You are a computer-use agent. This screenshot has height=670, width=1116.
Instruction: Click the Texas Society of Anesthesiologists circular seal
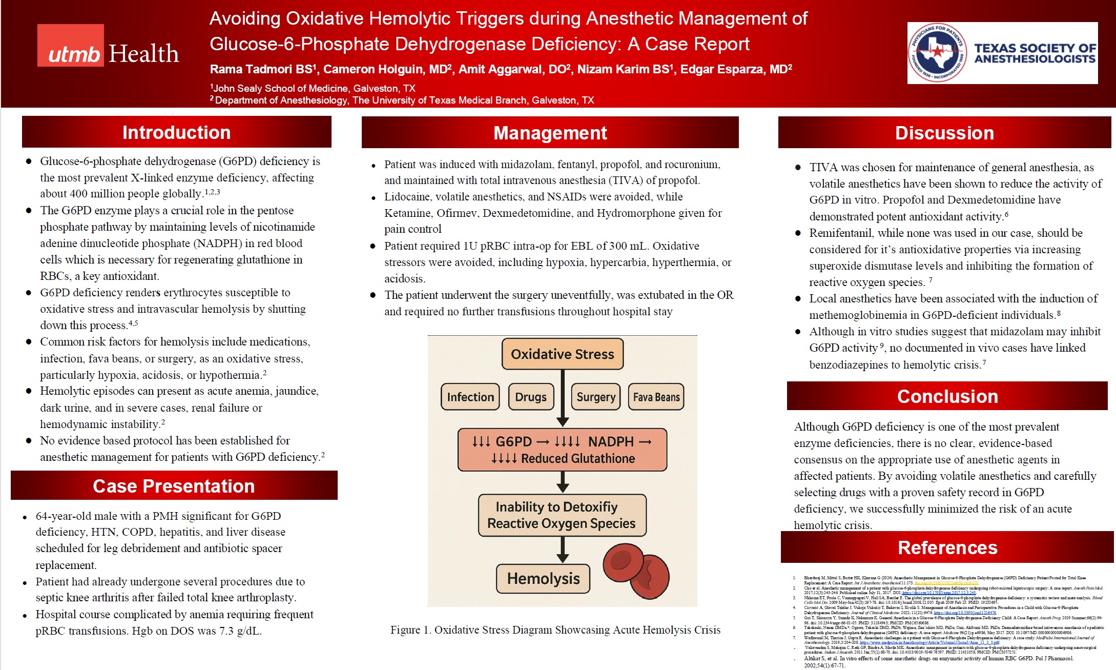937,53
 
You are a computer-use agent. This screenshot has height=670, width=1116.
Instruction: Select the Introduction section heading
176,132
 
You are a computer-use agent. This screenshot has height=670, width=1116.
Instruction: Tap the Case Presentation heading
174,485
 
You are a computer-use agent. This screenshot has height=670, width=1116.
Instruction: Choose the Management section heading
550,133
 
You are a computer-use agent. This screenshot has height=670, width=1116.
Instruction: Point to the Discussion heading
944,133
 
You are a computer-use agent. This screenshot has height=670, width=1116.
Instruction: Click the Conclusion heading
947,396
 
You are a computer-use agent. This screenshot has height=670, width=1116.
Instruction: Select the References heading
947,547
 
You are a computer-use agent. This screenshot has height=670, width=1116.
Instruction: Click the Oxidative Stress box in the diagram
562,354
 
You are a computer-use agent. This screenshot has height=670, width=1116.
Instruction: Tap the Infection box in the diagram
470,397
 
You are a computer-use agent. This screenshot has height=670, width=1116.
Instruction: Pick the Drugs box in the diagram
531,397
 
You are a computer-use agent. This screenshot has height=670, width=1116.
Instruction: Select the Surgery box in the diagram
595,397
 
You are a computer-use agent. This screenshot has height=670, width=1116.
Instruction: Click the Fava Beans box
656,397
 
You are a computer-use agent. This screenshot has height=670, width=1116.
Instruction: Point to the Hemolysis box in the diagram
543,578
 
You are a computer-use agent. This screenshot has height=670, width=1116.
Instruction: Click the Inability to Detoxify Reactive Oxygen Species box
562,515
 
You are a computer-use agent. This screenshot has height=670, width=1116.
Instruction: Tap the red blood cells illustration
636,571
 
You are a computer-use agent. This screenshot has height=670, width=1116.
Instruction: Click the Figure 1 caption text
555,630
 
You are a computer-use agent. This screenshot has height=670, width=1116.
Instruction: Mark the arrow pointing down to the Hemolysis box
563,550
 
